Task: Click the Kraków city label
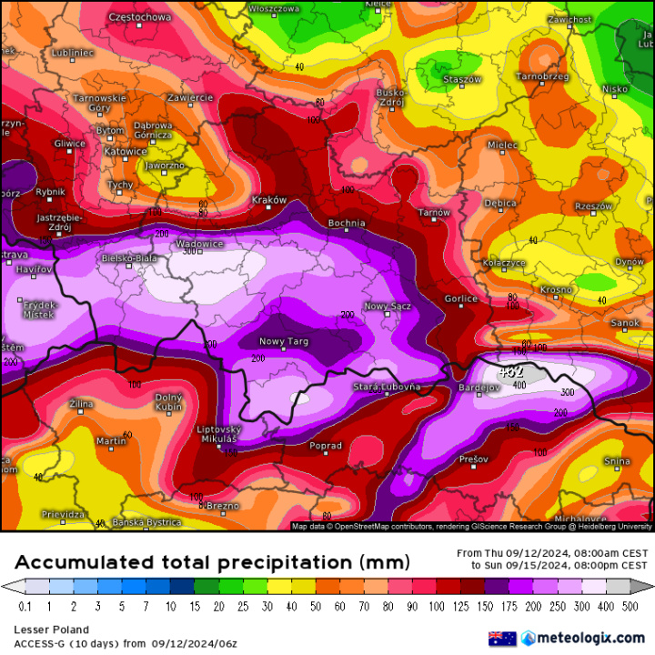[268, 200]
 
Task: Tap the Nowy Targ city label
[284, 341]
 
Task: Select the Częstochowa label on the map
[138, 17]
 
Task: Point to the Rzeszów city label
[594, 207]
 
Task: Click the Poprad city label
[326, 446]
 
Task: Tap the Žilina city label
[79, 402]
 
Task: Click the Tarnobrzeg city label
[543, 76]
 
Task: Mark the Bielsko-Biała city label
[130, 258]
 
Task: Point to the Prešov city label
[474, 459]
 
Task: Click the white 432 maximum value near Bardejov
[512, 371]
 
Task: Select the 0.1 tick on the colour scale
[25, 606]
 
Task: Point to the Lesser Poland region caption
[51, 629]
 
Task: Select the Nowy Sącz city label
[388, 307]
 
